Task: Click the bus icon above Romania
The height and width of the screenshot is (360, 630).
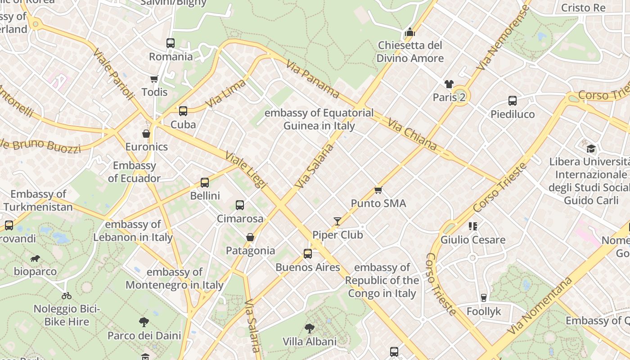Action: coord(170,43)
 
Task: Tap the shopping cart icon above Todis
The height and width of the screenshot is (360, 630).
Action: coord(154,79)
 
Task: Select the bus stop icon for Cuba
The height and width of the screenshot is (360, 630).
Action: coord(183,111)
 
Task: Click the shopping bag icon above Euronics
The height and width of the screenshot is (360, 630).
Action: coord(146,133)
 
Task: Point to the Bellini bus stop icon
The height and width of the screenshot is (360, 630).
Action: coord(205,182)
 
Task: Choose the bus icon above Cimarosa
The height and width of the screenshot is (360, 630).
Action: coord(240,205)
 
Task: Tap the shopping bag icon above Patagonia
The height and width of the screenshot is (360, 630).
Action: coord(250,237)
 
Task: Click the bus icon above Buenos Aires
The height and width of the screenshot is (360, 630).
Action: coord(308,254)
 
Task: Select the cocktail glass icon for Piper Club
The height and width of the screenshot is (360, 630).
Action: coord(337,221)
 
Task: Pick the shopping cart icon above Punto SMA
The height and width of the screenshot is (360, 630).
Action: coord(378,190)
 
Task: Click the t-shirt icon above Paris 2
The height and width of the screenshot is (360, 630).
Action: coord(449,84)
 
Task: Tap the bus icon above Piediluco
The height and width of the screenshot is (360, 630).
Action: coord(513,101)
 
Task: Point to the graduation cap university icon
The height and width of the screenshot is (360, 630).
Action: coord(591,148)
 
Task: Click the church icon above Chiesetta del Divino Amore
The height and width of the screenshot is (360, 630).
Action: coord(409,32)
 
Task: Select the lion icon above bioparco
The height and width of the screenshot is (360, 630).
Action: coord(35,258)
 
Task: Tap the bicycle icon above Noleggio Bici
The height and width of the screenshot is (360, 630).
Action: coord(67,296)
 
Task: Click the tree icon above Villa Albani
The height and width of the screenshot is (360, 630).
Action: coord(309,328)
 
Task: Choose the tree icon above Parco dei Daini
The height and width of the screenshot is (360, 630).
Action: coord(144,322)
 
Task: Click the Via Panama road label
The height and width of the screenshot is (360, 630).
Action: coord(312,80)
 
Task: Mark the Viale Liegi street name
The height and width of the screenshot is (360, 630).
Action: coord(246,169)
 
